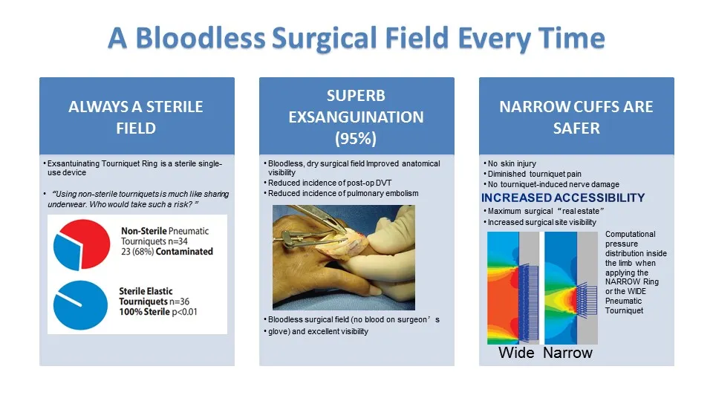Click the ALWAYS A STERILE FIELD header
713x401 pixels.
click(x=137, y=117)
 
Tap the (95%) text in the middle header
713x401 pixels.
click(x=356, y=138)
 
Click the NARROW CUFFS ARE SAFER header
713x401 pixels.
click(x=576, y=117)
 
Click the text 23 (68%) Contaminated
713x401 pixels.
click(x=166, y=251)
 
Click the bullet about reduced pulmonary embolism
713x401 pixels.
click(x=343, y=193)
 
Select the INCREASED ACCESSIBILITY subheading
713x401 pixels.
click(x=563, y=198)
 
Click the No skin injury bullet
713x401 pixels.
click(x=512, y=163)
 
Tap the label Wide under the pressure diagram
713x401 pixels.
click(x=516, y=353)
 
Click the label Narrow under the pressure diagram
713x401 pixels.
click(x=567, y=353)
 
